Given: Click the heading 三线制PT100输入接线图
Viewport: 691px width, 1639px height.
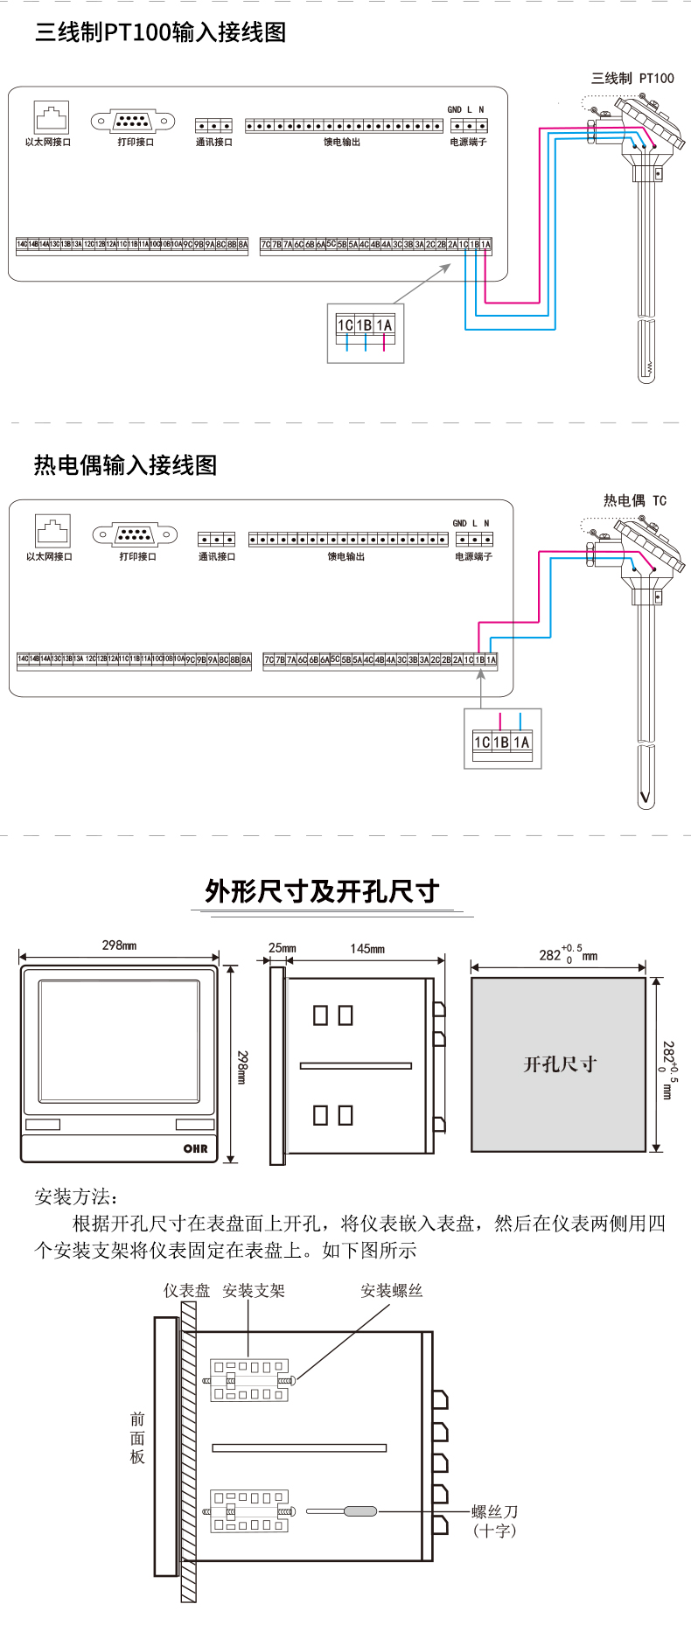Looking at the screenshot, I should (x=160, y=33).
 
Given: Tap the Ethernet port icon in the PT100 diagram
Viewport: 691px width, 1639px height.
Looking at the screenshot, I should (x=51, y=116).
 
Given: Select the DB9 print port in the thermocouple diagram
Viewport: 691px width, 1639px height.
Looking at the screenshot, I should (x=135, y=534).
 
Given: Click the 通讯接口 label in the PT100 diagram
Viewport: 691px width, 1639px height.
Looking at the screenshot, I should (x=213, y=143).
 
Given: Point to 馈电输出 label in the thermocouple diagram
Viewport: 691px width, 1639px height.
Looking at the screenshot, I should (x=345, y=557).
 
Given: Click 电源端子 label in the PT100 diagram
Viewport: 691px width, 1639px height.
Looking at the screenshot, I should (x=468, y=143).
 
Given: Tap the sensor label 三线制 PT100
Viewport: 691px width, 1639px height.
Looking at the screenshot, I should (x=632, y=79).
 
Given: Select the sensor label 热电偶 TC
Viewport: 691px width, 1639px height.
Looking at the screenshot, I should (x=634, y=501).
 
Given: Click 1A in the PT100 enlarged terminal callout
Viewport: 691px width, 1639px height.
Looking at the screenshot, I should (x=384, y=325).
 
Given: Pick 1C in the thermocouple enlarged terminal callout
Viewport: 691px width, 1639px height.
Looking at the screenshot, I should (x=481, y=743).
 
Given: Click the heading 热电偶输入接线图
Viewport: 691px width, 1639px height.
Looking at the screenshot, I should (x=125, y=465).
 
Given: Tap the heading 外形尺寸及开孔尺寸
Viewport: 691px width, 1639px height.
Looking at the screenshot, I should (x=321, y=891).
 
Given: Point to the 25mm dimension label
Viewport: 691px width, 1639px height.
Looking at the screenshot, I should (x=282, y=948).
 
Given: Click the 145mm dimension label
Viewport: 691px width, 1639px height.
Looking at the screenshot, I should (x=367, y=949).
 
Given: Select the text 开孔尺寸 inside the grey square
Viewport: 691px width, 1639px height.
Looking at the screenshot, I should (x=559, y=1064).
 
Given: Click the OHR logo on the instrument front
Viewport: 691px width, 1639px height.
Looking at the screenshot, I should (x=195, y=1148).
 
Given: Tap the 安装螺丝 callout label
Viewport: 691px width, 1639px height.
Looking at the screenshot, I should (x=391, y=1291).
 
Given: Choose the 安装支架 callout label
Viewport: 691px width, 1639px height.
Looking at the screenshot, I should (x=254, y=1291).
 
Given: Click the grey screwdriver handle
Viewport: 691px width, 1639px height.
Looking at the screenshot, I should (x=359, y=1511).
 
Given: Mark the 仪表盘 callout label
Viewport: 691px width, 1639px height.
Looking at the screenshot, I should (x=186, y=1291).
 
